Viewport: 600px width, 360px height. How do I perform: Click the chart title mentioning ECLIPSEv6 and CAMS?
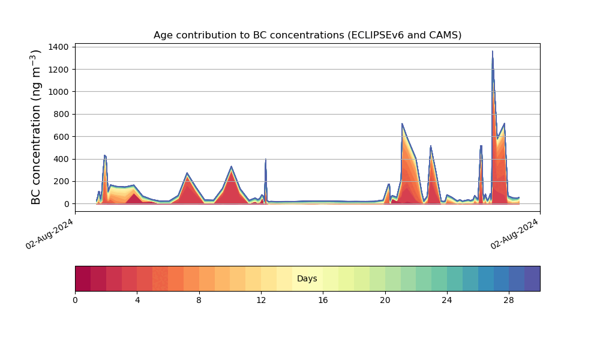pyautogui.click(x=307, y=35)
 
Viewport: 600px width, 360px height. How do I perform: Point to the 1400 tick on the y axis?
pyautogui.click(x=59, y=47)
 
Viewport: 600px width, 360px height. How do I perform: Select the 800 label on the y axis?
pyautogui.click(x=61, y=115)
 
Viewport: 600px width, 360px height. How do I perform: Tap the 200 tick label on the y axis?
pyautogui.click(x=61, y=182)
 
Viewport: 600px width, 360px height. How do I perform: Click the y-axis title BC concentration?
pyautogui.click(x=35, y=127)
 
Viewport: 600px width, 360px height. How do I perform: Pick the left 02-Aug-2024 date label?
pyautogui.click(x=49, y=234)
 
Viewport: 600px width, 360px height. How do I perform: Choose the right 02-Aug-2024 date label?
pyautogui.click(x=514, y=234)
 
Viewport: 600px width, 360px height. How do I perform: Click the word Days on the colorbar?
pyautogui.click(x=307, y=278)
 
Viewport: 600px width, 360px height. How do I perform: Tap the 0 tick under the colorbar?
pyautogui.click(x=75, y=301)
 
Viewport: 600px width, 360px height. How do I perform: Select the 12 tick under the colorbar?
pyautogui.click(x=261, y=301)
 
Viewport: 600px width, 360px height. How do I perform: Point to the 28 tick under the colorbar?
pyautogui.click(x=509, y=301)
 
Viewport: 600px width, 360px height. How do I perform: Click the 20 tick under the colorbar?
pyautogui.click(x=385, y=301)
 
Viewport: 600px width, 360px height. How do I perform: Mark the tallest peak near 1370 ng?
pyautogui.click(x=493, y=51)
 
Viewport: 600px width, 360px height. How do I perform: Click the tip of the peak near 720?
pyautogui.click(x=402, y=124)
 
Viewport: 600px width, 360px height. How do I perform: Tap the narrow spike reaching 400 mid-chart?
pyautogui.click(x=266, y=159)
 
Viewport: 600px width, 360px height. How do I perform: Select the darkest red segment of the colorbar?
pyautogui.click(x=83, y=278)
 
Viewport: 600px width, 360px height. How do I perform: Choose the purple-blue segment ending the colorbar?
pyautogui.click(x=532, y=278)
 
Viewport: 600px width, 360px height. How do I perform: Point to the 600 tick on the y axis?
pyautogui.click(x=61, y=137)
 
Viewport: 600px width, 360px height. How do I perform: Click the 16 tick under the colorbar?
pyautogui.click(x=323, y=301)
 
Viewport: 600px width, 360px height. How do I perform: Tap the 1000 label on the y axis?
pyautogui.click(x=59, y=92)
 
